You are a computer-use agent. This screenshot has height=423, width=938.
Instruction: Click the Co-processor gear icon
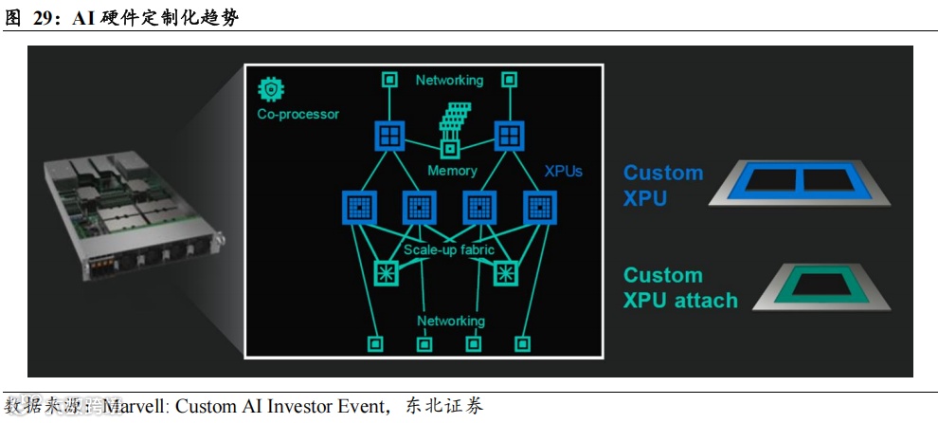point(270,90)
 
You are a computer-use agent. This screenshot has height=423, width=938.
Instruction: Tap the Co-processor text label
point(298,114)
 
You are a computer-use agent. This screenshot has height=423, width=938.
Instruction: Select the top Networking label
point(449,81)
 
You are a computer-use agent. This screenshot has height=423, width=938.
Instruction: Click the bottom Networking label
point(451,321)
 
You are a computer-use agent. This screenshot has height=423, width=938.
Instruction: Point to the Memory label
point(452,171)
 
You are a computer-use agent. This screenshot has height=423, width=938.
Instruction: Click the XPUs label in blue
point(564,172)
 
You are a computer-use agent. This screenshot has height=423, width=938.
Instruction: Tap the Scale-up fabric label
point(449,250)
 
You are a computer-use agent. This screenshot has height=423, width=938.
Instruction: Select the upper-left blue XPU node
point(388,136)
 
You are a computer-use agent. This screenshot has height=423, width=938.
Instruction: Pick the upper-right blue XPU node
point(508,136)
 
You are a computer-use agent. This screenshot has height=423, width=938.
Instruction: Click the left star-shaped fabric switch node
point(387,273)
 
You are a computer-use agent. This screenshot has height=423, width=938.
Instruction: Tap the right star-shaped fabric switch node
point(508,273)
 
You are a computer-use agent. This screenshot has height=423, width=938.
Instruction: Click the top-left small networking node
point(388,80)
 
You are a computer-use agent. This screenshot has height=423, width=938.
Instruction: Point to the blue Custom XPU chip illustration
point(801,182)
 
